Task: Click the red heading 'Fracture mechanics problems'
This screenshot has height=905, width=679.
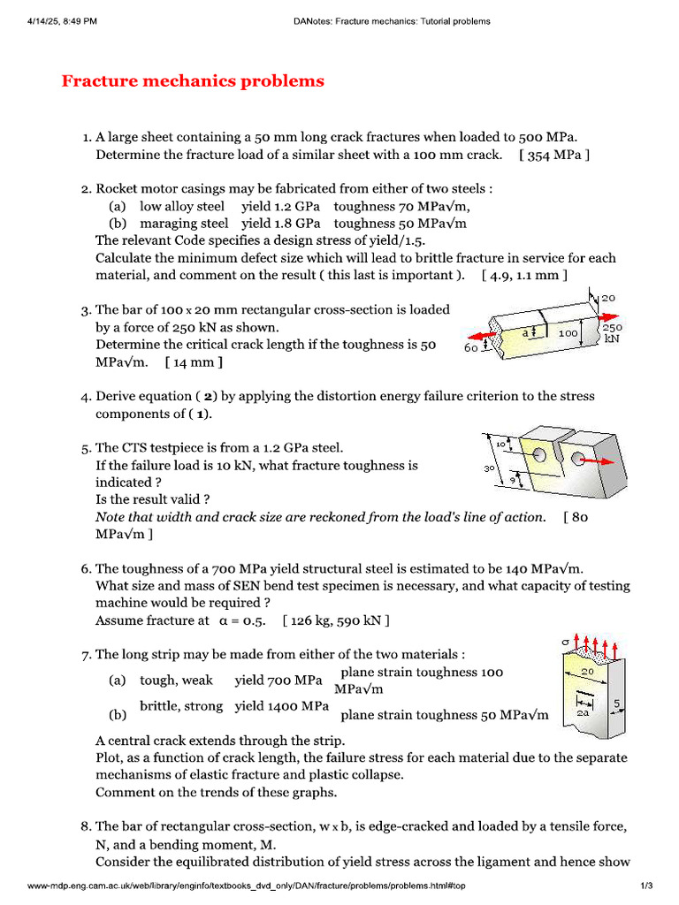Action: pos(193,81)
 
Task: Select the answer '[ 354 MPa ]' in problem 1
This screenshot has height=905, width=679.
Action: pos(554,155)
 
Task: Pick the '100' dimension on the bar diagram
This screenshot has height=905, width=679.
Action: pos(567,333)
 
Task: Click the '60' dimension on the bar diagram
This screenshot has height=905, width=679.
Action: pos(471,348)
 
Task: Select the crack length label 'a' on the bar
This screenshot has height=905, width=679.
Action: pos(524,332)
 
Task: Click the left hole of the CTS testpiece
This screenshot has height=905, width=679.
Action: pos(538,455)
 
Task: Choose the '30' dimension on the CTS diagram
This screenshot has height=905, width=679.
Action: pos(489,468)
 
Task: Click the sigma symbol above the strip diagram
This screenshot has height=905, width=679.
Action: pos(566,640)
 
